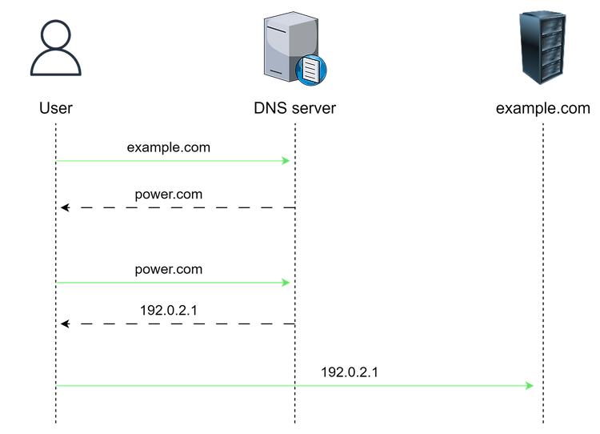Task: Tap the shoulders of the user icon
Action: point(56,67)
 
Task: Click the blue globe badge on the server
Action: point(311,70)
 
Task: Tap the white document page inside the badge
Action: point(311,70)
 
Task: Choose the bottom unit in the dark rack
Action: point(548,73)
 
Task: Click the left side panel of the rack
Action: point(524,48)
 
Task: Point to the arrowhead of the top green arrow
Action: point(287,161)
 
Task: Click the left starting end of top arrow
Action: point(56,161)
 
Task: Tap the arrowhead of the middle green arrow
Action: point(287,282)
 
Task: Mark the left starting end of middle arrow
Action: point(56,282)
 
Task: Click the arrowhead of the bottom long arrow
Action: point(530,385)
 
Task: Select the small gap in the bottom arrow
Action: point(295,385)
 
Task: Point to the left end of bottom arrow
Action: point(56,385)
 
